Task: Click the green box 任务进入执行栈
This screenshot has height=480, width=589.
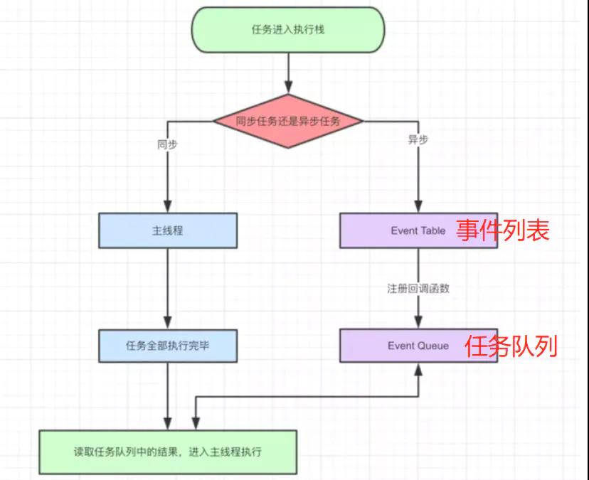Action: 288,30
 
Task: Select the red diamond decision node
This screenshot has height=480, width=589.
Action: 288,121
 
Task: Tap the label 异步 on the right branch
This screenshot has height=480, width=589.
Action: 418,140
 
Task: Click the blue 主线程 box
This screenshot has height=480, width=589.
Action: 168,230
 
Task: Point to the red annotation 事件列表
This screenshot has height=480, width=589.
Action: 503,230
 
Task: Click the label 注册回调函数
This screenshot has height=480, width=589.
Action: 418,289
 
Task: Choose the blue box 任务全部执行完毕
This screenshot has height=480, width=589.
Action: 168,346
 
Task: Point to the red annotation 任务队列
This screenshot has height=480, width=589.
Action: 511,346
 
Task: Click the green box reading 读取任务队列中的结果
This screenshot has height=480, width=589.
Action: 168,452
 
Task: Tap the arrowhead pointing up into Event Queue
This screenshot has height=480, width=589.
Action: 418,368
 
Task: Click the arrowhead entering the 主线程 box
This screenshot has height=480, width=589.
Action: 168,208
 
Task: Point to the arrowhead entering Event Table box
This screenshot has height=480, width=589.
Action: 418,208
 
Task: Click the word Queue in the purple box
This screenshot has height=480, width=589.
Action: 434,346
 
